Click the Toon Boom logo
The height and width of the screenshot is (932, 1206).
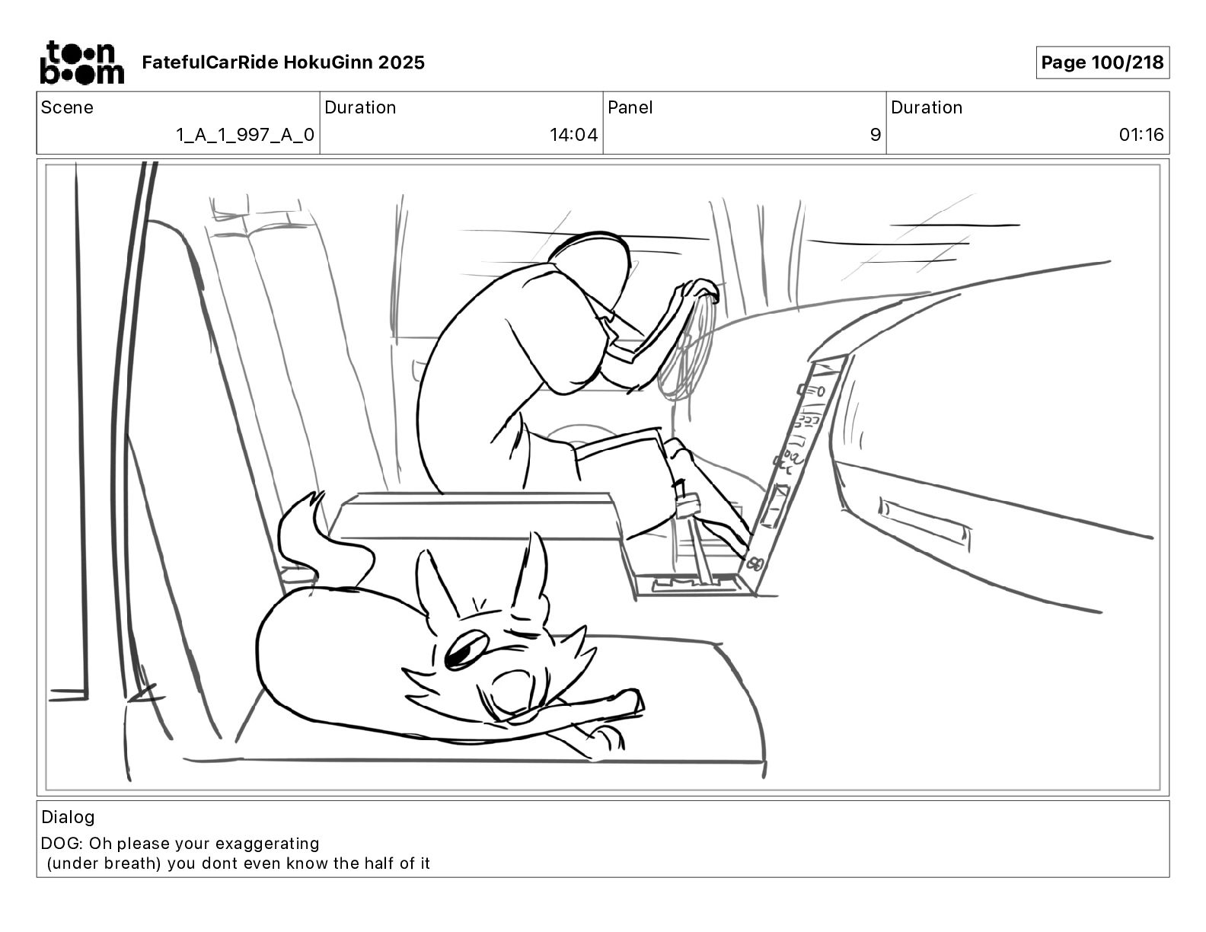[x=81, y=62]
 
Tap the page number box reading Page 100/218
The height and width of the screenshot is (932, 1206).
[x=1102, y=62]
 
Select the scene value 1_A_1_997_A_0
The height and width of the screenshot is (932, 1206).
[x=245, y=136]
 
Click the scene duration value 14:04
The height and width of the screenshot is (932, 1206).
[x=573, y=136]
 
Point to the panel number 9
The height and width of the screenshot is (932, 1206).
[x=876, y=136]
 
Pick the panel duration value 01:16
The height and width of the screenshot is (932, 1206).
[x=1141, y=136]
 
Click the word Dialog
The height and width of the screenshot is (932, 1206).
[x=68, y=817]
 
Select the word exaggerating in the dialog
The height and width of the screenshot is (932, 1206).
[x=267, y=844]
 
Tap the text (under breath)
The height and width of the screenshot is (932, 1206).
[x=104, y=863]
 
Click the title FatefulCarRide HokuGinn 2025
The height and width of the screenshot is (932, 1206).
[x=283, y=62]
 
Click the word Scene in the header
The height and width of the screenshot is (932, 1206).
[x=67, y=107]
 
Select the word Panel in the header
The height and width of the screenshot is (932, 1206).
[x=630, y=107]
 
